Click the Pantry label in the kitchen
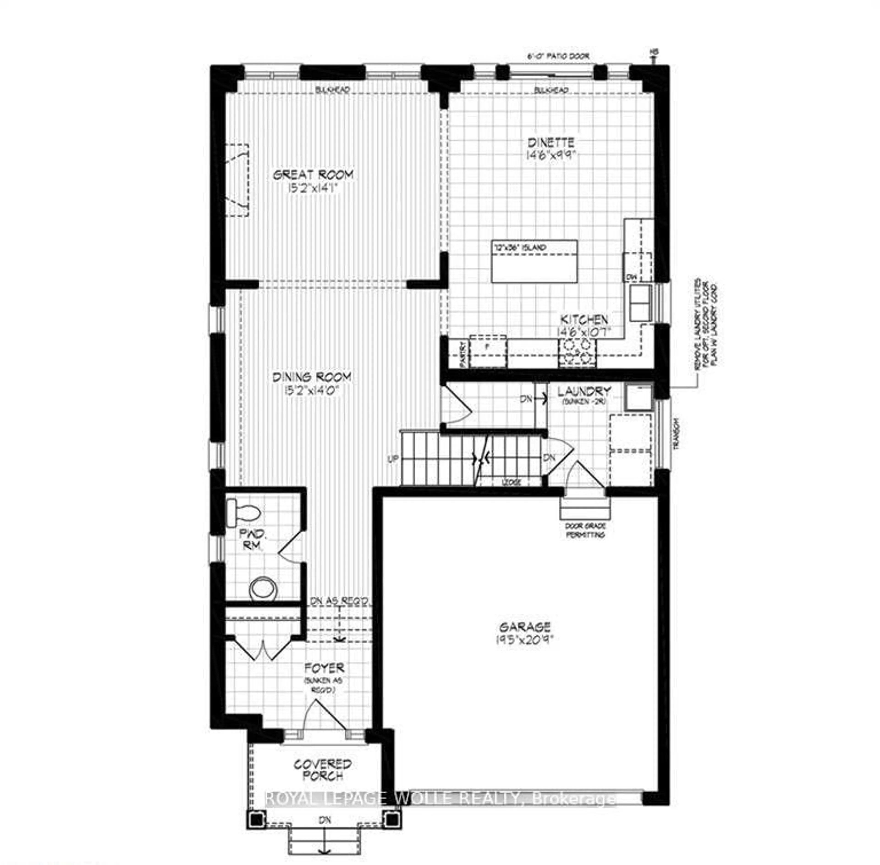point(463,354)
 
